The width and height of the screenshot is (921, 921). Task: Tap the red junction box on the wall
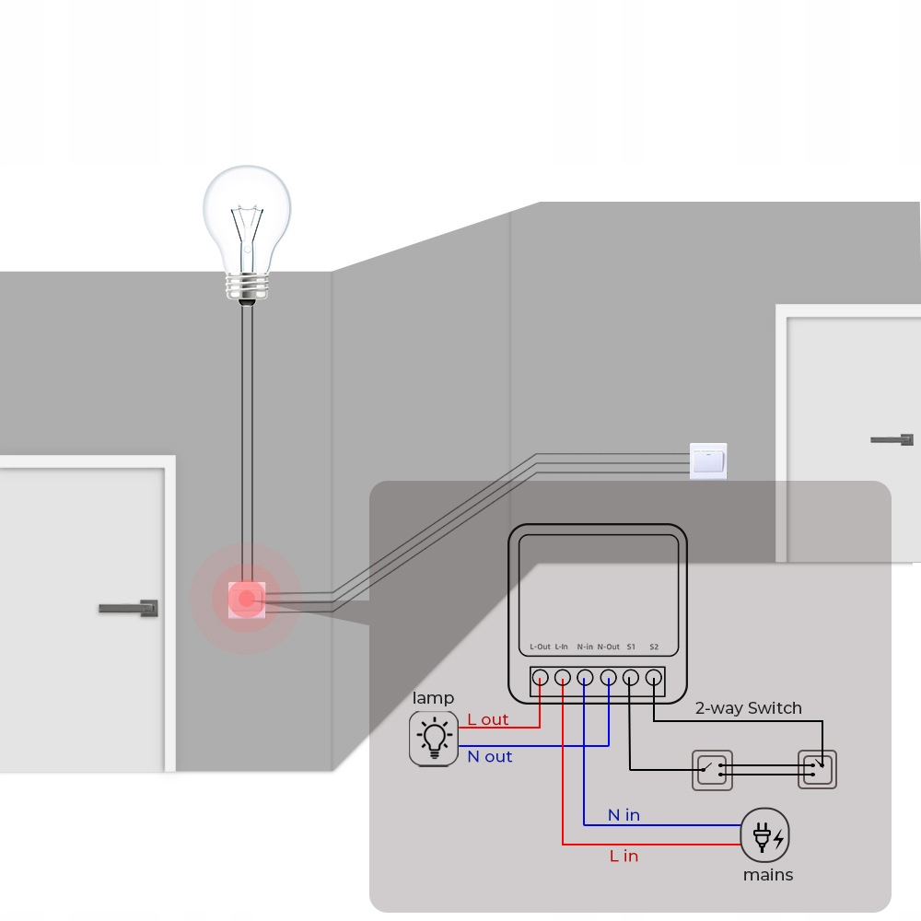click(x=246, y=599)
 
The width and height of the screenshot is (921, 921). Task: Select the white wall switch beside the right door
click(x=708, y=460)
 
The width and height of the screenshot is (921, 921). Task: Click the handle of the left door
click(x=129, y=608)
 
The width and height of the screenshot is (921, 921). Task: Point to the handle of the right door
click(x=892, y=439)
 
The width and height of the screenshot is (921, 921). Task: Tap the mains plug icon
click(x=765, y=836)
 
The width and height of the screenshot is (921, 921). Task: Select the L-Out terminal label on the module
click(x=540, y=647)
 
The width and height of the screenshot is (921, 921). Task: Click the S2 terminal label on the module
click(x=654, y=647)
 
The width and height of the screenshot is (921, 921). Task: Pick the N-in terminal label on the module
click(x=585, y=647)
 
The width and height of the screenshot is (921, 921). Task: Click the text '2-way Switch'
click(x=748, y=708)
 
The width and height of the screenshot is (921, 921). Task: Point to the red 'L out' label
click(x=488, y=719)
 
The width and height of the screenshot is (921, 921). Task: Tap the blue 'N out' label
click(x=490, y=757)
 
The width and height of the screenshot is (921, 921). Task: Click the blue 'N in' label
click(x=624, y=815)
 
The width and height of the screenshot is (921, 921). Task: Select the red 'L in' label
click(x=624, y=856)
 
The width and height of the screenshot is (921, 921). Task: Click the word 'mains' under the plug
click(x=768, y=875)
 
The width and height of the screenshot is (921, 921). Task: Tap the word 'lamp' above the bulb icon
click(x=433, y=698)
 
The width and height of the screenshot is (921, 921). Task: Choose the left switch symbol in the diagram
click(x=713, y=769)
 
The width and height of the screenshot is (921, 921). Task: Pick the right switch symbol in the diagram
click(x=817, y=769)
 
